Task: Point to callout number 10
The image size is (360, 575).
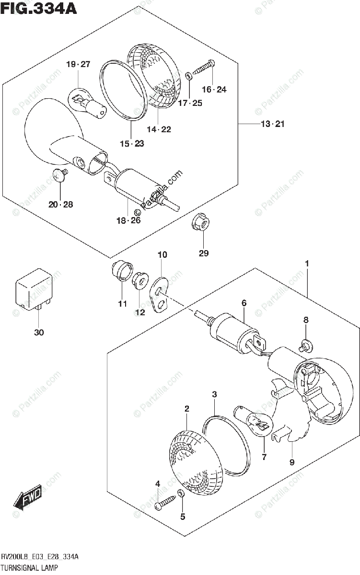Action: (x=163, y=255)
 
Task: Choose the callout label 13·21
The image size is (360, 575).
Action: (x=272, y=125)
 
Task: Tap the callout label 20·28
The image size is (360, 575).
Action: (x=60, y=205)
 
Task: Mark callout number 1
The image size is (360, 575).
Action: (x=306, y=264)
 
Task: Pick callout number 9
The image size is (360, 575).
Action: (x=292, y=462)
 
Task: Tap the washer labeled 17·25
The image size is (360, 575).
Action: (x=188, y=76)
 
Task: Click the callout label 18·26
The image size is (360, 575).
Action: (x=128, y=220)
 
